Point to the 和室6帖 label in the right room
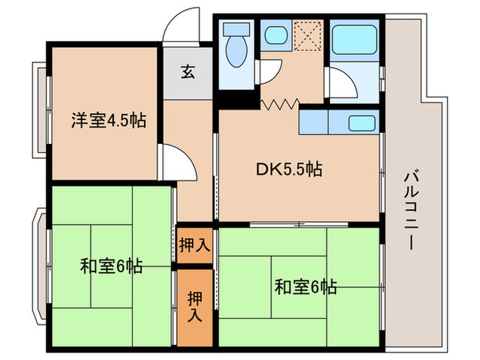tap(305, 285)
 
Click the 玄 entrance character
tap(187, 71)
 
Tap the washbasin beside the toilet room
tap(276, 35)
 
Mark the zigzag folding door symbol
tap(279, 105)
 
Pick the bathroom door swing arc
tap(341, 84)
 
